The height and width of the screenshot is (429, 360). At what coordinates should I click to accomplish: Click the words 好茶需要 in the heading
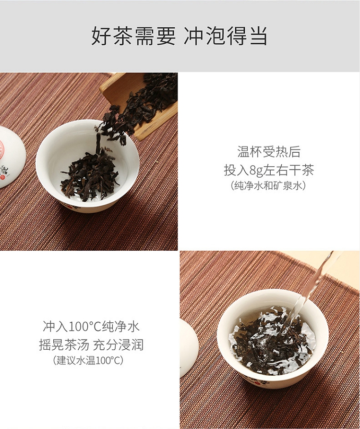pos(133,36)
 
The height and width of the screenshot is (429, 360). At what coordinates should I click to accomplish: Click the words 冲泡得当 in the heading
pos(225,36)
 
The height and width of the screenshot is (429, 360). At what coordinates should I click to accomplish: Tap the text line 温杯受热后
pos(269,152)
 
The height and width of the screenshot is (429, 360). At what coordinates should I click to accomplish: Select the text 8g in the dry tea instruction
pos(256,171)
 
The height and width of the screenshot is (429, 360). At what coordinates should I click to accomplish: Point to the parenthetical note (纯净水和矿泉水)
pos(268,186)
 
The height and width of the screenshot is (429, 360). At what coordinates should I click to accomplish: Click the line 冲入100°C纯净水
pos(91,326)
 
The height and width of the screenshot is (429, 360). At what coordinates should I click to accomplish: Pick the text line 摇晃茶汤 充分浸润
pos(91,344)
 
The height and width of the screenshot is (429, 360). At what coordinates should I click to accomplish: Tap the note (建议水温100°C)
pos(88,360)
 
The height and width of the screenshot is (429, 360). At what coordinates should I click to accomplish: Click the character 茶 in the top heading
pos(123,36)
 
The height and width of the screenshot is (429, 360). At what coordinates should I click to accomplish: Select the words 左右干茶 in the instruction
pos(288,171)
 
